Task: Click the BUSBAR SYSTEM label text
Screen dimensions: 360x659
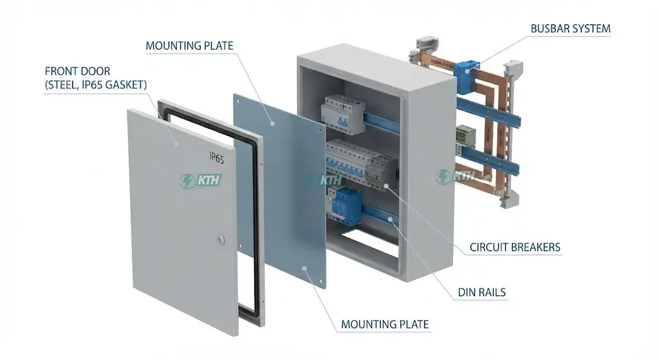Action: coord(570,28)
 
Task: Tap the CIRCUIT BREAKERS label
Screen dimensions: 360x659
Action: coord(515,247)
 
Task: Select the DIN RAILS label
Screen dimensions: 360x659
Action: coord(481,292)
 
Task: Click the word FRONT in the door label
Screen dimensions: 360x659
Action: coord(60,71)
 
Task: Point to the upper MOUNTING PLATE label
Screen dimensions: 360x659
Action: coord(189,46)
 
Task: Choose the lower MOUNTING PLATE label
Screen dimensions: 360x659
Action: coord(385,323)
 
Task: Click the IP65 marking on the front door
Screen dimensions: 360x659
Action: coord(216,156)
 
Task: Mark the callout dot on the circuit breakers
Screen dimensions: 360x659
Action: coord(385,187)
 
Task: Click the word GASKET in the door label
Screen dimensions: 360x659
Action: coord(126,84)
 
